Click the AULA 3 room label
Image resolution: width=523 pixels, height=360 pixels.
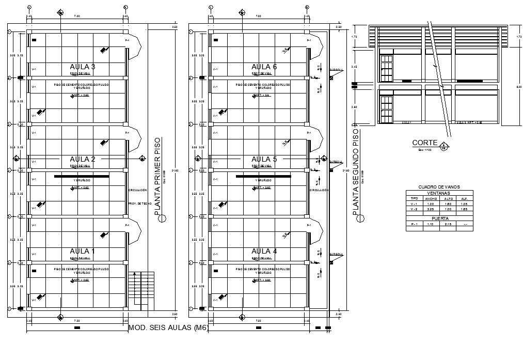click(x=82, y=67)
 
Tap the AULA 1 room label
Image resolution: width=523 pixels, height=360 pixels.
click(x=82, y=252)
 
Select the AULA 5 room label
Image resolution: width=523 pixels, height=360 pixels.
click(x=264, y=159)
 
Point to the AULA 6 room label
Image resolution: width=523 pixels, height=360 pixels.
click(x=264, y=67)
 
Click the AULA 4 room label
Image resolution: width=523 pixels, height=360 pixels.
click(x=264, y=252)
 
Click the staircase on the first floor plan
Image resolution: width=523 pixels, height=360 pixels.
click(x=141, y=289)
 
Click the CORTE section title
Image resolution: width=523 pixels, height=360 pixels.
click(x=425, y=143)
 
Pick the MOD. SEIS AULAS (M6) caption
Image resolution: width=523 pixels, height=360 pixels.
click(x=168, y=327)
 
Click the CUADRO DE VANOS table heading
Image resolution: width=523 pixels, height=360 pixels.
click(x=439, y=187)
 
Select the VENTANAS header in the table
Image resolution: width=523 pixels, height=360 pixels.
click(x=439, y=193)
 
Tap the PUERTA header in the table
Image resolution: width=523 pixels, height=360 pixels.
click(x=439, y=218)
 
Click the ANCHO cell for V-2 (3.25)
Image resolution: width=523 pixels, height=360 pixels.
click(x=431, y=209)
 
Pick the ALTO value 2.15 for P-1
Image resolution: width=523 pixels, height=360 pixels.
click(x=448, y=224)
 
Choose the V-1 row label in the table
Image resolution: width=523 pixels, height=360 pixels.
click(x=414, y=204)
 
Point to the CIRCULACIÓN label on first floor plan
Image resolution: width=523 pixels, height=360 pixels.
click(x=137, y=190)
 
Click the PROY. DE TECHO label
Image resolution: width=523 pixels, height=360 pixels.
click(x=139, y=204)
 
